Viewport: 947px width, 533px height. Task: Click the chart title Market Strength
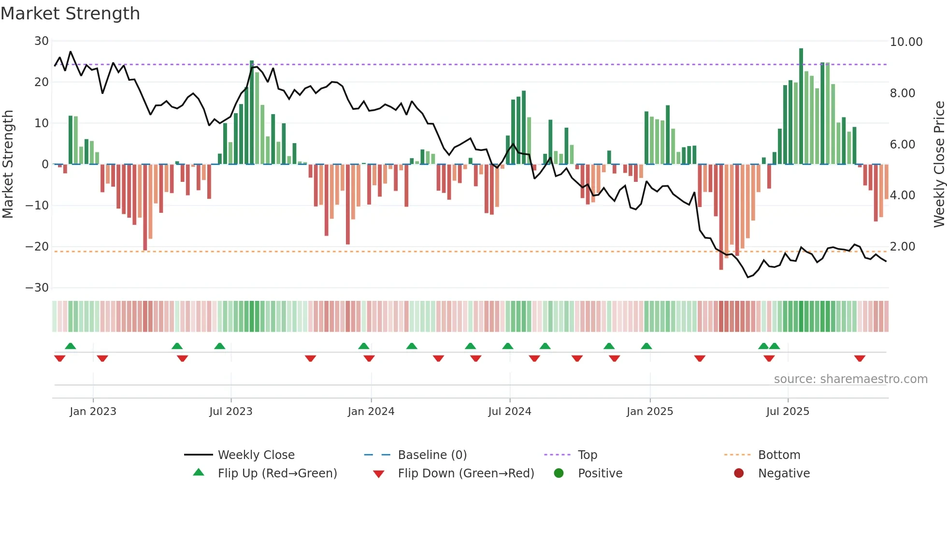tap(70, 14)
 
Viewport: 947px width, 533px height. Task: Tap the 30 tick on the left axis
tap(42, 41)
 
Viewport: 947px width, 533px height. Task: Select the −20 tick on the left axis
tap(37, 247)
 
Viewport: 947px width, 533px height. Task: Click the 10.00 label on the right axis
tap(906, 42)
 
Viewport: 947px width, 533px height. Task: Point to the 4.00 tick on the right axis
tap(902, 195)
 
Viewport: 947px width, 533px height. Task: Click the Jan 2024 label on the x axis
tap(371, 412)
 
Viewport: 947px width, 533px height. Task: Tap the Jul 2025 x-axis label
tap(787, 412)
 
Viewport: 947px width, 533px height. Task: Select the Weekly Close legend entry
tap(256, 455)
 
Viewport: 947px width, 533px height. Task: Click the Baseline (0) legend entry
tap(432, 455)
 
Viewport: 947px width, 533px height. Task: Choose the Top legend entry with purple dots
tap(587, 455)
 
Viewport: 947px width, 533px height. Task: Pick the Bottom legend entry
tap(779, 455)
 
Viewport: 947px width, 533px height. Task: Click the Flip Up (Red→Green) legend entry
tap(277, 474)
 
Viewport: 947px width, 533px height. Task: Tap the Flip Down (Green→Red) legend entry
tap(466, 474)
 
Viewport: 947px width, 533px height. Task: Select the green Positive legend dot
tap(559, 474)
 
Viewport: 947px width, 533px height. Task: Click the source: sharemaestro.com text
tap(850, 379)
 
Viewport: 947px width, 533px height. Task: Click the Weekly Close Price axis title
tap(939, 164)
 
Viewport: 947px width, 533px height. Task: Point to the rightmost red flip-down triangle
tap(860, 358)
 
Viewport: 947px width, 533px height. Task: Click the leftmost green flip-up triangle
tap(71, 346)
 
